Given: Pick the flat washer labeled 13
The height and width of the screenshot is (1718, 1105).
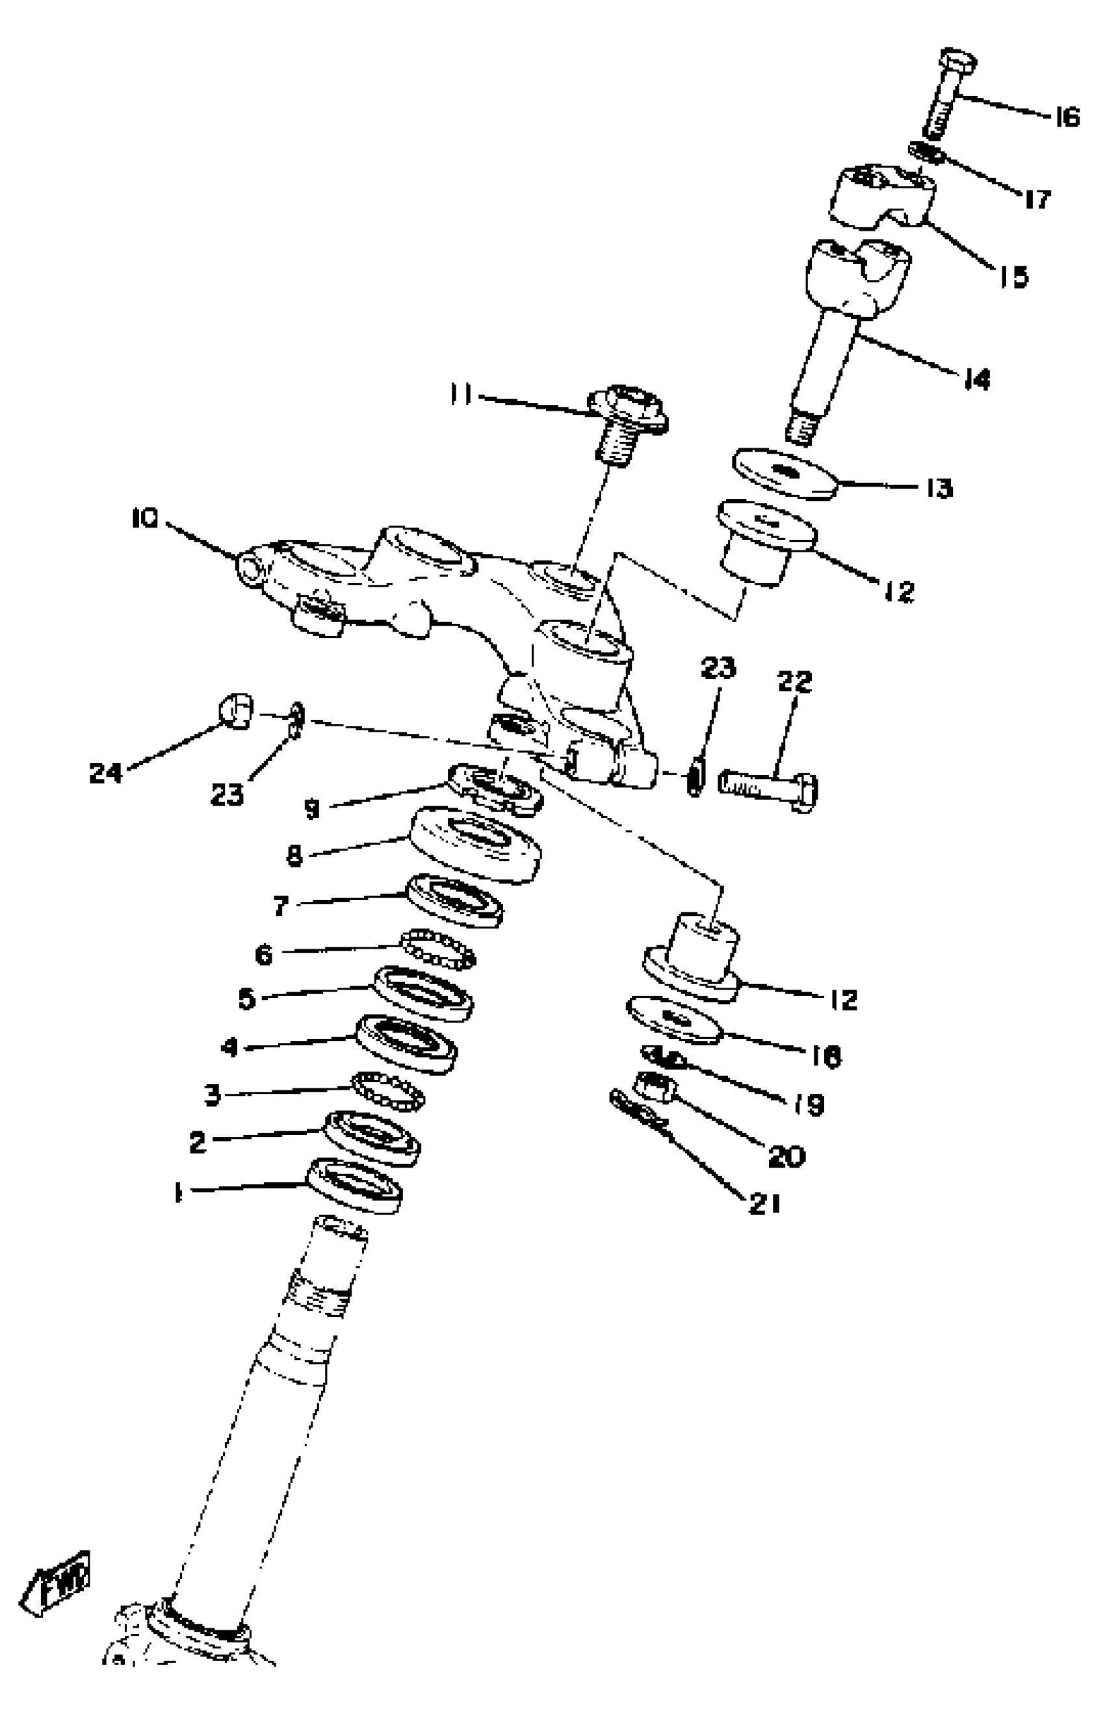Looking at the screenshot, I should tap(785, 474).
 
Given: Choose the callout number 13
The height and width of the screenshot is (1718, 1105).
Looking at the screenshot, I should tap(938, 489).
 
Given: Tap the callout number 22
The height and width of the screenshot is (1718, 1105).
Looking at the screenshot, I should tap(794, 682).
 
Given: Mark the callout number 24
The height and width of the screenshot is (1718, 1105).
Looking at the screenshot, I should tap(105, 773).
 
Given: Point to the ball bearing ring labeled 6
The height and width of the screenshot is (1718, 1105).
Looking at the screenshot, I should tap(437, 947).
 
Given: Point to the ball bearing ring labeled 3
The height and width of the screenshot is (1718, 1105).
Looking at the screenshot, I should tap(387, 1092).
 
